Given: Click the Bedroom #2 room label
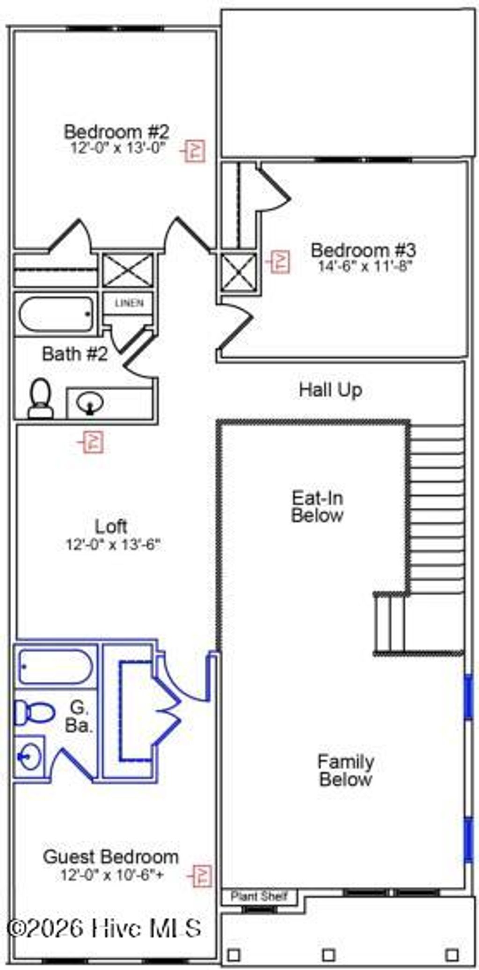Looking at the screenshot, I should [x=116, y=131].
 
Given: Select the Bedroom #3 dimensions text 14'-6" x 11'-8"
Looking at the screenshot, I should [x=364, y=267].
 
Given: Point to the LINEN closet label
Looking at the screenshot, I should [x=129, y=303].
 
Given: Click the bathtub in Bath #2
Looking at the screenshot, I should [x=55, y=314].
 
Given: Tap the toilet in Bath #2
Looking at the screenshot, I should [x=41, y=399].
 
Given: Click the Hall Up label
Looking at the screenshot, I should [x=330, y=390].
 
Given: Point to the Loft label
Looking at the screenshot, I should [x=111, y=527].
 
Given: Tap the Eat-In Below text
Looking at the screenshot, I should [x=317, y=507].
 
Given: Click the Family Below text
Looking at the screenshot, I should [x=346, y=770].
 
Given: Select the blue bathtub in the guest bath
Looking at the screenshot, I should [x=55, y=666].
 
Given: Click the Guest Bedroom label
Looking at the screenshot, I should [x=111, y=857].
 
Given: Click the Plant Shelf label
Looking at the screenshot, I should [x=259, y=896].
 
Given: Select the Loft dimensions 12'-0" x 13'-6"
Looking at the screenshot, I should [x=113, y=544].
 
